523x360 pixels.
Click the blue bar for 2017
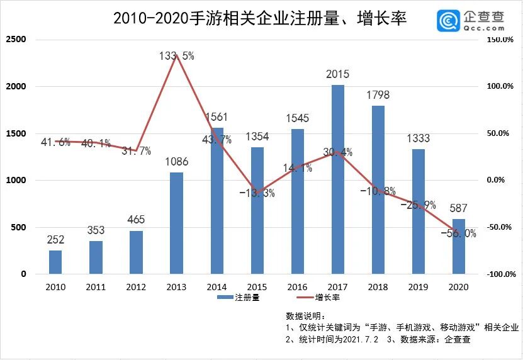[x=338, y=179]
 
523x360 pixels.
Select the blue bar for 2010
[x=55, y=262]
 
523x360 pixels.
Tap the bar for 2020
[x=459, y=246]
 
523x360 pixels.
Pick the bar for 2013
[x=177, y=223]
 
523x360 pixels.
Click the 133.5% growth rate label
[x=177, y=56]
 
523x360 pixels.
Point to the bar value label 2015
[x=338, y=74]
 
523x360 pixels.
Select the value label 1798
[x=378, y=95]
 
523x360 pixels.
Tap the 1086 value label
[x=177, y=162]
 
